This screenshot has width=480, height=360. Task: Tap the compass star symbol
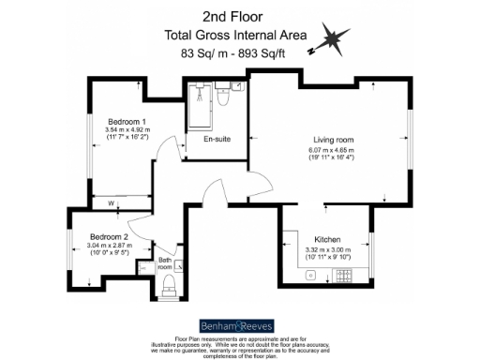tap(333, 39)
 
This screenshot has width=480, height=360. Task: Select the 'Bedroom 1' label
tap(126, 122)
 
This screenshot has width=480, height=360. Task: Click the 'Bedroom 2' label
tap(109, 237)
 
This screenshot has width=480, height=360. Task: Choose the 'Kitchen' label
tap(326, 239)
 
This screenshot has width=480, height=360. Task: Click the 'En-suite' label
tap(217, 140)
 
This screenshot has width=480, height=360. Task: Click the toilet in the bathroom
tap(171, 284)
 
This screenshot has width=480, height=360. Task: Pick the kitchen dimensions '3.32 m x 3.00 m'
tap(326, 248)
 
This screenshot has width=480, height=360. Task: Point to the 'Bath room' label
tap(165, 263)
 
